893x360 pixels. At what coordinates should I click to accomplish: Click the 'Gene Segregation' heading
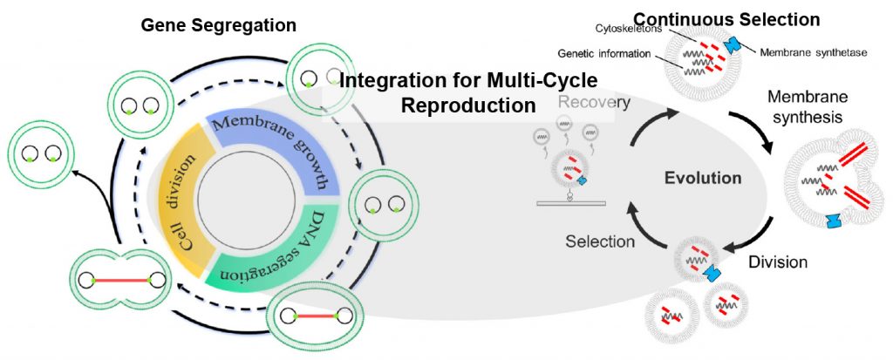point(219,27)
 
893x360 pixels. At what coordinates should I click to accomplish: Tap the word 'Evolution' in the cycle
point(703,179)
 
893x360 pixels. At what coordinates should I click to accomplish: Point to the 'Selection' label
point(600,241)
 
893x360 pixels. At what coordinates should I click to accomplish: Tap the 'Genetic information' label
point(604,55)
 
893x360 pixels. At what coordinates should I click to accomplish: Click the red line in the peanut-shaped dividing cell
point(119,282)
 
